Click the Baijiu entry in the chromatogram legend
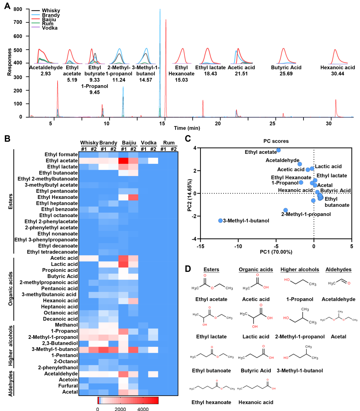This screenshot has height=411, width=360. (49, 20)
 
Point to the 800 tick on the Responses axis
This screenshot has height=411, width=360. (18, 9)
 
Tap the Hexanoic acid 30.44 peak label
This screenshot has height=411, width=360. (338, 70)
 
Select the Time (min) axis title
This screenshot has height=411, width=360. (187, 128)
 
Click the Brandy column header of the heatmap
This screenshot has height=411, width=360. (108, 143)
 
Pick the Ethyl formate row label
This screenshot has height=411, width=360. (61, 154)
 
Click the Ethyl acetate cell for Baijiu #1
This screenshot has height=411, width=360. (123, 161)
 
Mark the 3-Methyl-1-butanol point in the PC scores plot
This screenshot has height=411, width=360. (220, 221)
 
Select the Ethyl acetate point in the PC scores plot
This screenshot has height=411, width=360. (279, 150)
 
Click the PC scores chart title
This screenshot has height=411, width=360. (276, 141)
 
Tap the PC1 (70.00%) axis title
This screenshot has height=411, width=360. (276, 252)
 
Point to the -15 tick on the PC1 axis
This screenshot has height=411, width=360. (200, 246)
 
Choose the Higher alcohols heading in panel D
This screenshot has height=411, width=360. (300, 269)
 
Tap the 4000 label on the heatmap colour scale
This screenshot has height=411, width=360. (143, 409)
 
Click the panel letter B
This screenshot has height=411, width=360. (7, 139)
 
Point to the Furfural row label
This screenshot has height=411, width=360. (68, 386)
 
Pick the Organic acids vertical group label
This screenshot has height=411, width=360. (11, 288)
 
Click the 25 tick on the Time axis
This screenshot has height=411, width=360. (272, 123)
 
